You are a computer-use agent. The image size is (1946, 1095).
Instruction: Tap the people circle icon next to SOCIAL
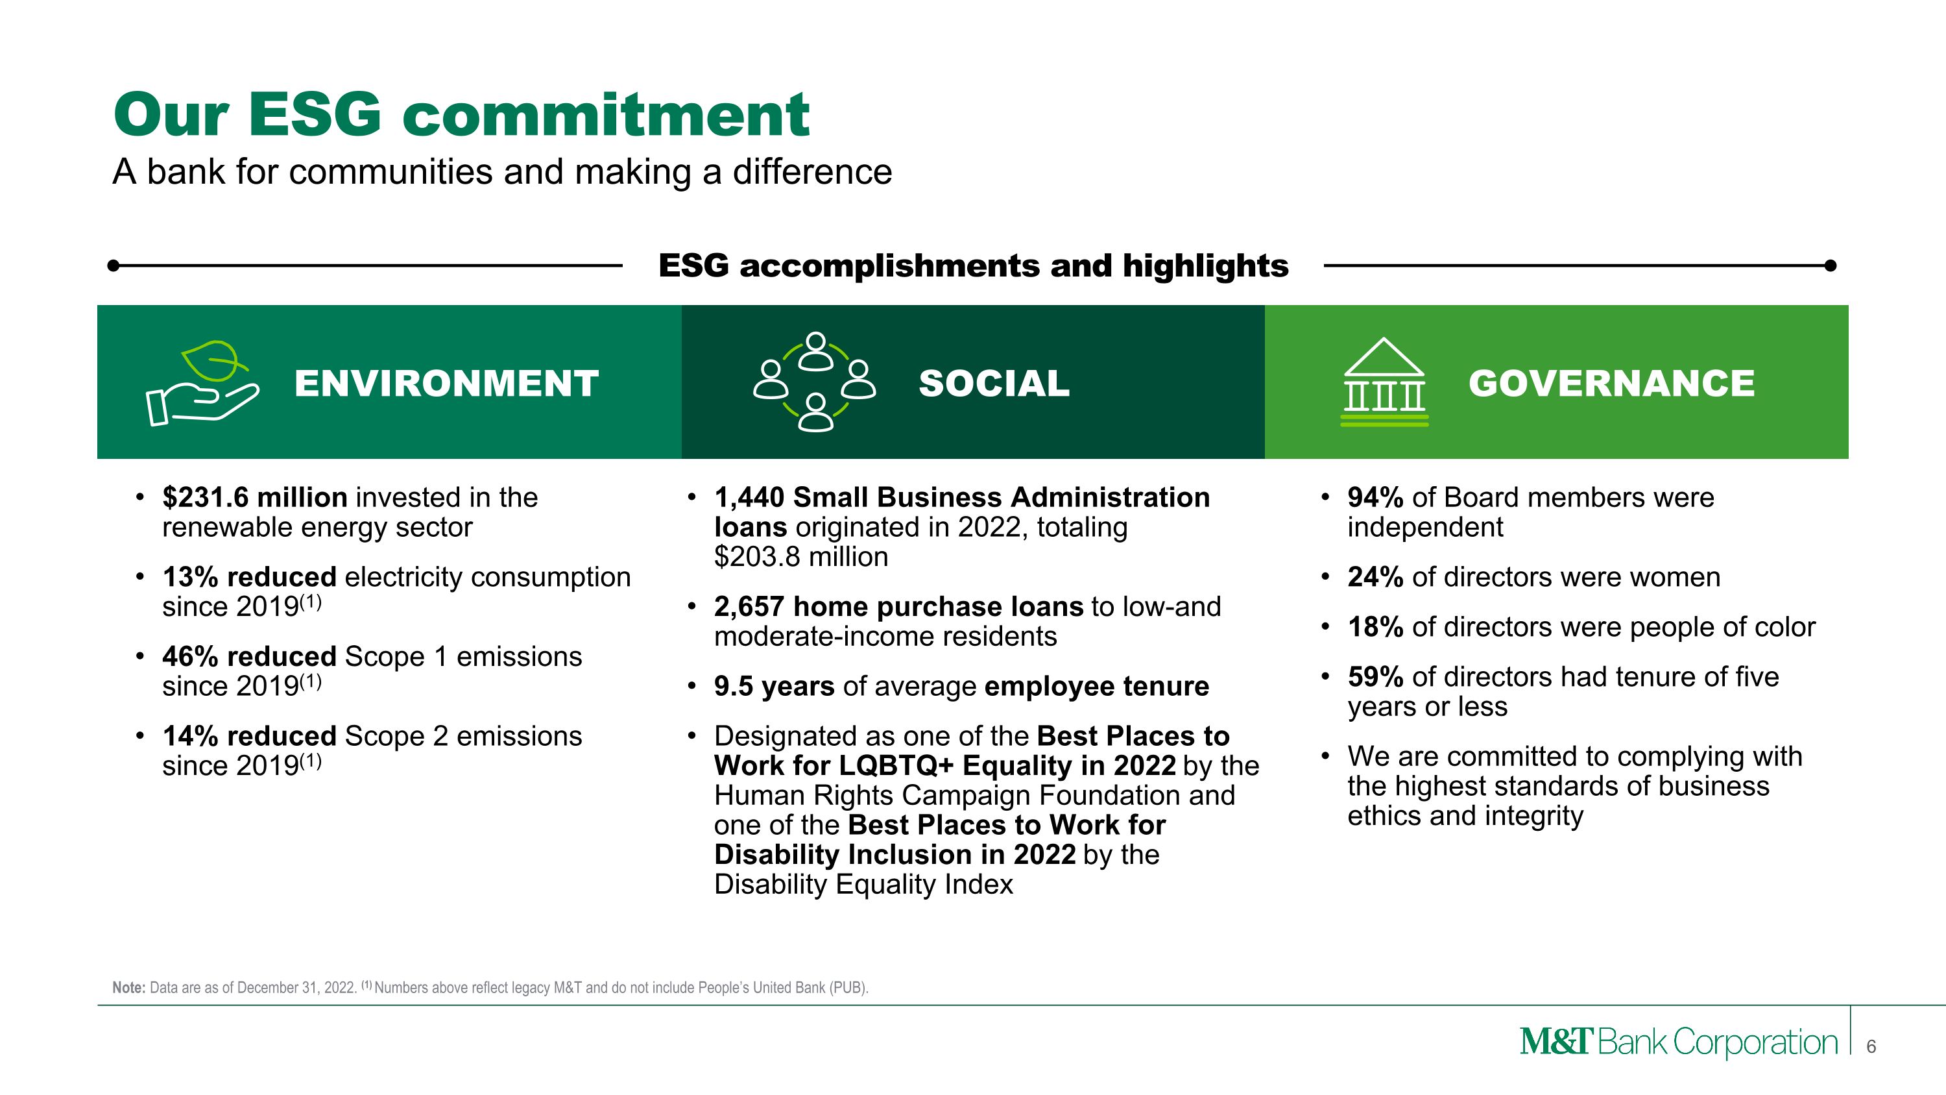click(x=814, y=382)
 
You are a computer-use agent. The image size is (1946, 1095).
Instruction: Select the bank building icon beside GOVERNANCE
click(x=1384, y=382)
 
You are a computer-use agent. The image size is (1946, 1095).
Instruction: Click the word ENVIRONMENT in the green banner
click(x=446, y=383)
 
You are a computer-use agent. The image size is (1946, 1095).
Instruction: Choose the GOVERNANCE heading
click(x=1611, y=383)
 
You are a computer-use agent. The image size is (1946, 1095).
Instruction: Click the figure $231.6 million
click(x=254, y=497)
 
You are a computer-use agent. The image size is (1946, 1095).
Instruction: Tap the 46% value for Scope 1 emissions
click(x=185, y=656)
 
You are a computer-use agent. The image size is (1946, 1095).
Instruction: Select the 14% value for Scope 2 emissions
click(x=185, y=735)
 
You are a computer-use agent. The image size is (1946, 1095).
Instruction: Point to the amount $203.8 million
click(x=800, y=557)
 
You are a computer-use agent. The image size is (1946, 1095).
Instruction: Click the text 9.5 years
click(x=774, y=686)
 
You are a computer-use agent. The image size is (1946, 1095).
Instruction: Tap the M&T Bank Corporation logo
click(x=1678, y=1042)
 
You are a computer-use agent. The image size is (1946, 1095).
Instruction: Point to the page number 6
click(x=1871, y=1046)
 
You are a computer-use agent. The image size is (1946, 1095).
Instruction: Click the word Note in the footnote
click(x=128, y=988)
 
